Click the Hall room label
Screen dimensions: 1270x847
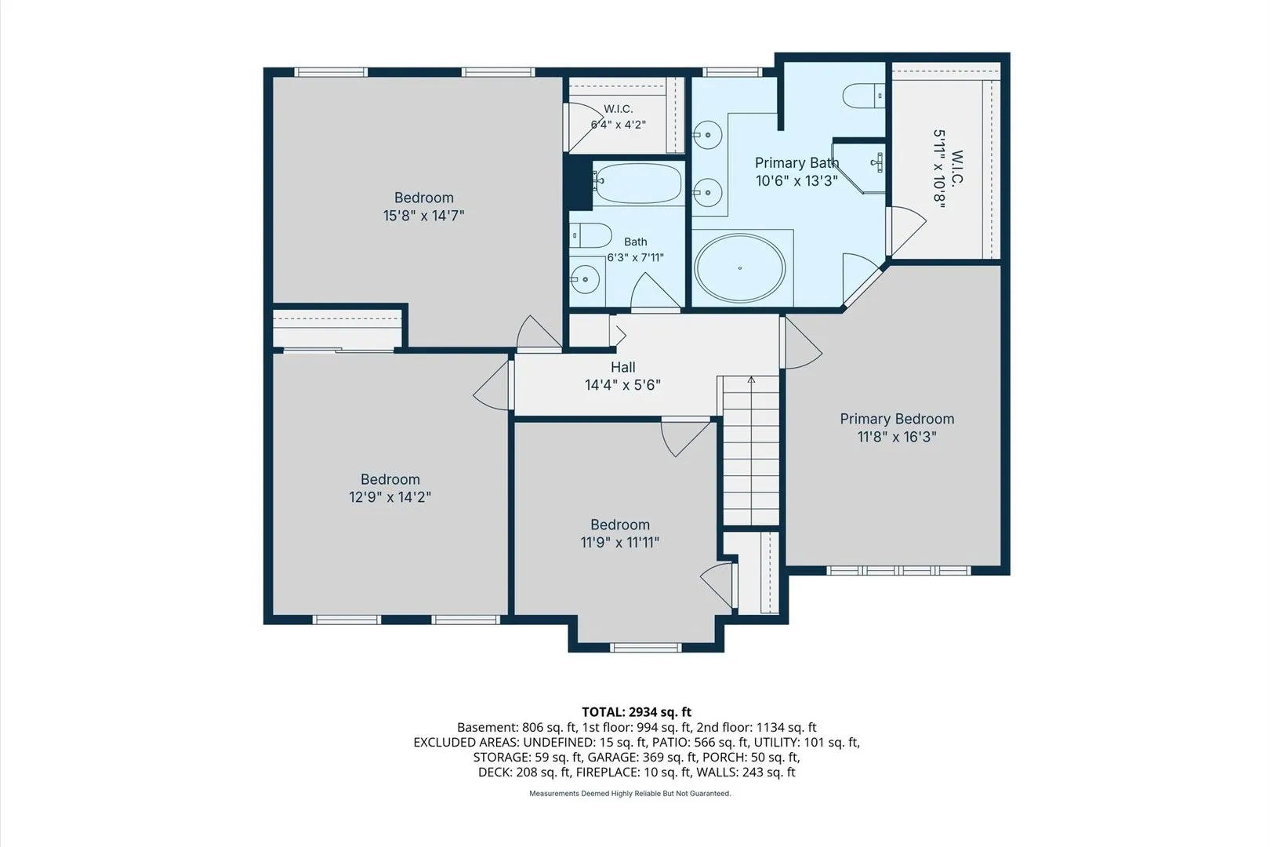pos(622,367)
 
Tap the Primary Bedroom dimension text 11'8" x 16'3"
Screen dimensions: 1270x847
pos(896,437)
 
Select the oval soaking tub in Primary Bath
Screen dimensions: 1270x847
pos(740,268)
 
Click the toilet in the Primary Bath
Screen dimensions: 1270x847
pos(863,96)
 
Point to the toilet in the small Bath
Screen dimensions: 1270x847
pos(590,235)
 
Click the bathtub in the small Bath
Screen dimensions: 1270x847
pos(638,183)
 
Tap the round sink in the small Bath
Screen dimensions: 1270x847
pos(585,278)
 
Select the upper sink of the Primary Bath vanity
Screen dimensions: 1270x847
pos(707,135)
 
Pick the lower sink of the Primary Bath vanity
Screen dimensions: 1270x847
pos(707,192)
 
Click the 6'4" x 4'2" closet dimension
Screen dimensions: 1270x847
pos(618,125)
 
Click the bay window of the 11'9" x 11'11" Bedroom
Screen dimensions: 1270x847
pos(646,647)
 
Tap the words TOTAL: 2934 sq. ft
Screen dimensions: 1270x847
pos(636,712)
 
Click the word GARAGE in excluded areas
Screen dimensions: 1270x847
pos(612,758)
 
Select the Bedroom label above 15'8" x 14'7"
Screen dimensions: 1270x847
pos(423,198)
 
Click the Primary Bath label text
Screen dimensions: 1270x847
pos(796,163)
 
